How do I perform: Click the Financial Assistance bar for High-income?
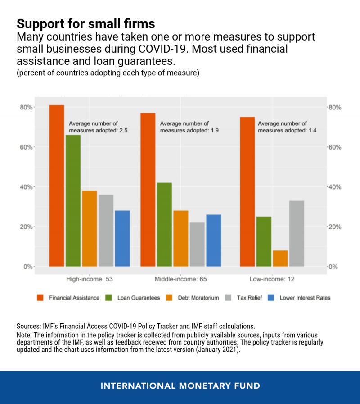(57, 186)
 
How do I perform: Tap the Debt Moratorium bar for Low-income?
(280, 258)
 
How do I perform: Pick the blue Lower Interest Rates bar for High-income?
(122, 238)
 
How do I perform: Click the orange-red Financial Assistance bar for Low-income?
(247, 191)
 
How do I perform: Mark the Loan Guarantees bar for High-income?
(73, 200)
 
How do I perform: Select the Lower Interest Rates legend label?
(305, 298)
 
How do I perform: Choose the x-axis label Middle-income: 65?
(180, 279)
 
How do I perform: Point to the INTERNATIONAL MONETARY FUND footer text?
(180, 386)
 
